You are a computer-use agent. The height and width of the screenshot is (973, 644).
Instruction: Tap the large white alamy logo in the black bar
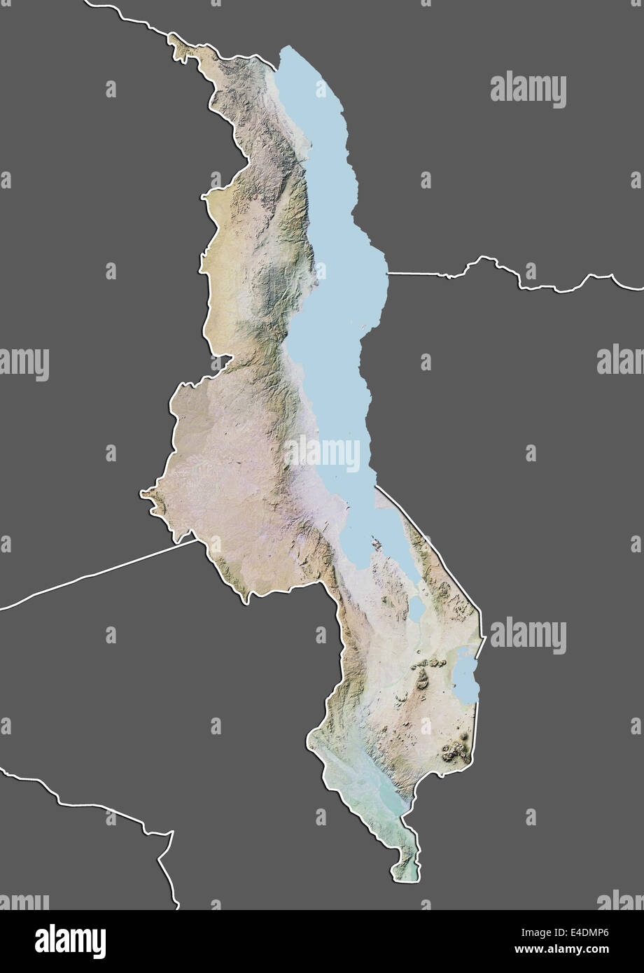point(70,941)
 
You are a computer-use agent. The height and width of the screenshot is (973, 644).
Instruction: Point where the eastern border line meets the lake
point(387,272)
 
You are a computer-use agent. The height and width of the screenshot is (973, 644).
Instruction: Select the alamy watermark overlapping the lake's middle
point(322,454)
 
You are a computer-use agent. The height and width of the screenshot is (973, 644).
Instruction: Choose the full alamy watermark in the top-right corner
point(528,90)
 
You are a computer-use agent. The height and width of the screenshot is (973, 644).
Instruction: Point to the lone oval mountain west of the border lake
point(423,676)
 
